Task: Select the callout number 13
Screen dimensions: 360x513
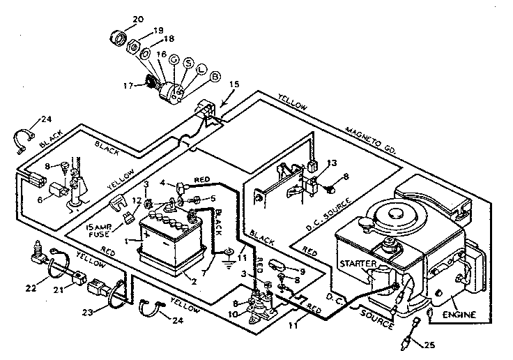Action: point(332,163)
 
